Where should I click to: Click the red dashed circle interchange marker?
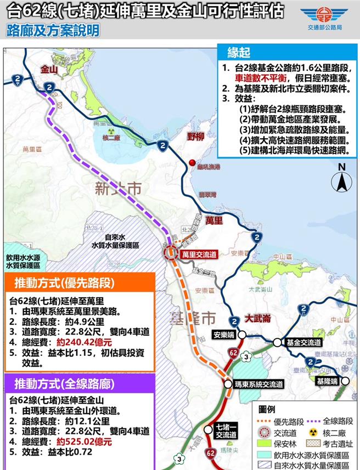171,252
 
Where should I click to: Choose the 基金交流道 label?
303,342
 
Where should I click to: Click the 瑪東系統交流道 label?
258,384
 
